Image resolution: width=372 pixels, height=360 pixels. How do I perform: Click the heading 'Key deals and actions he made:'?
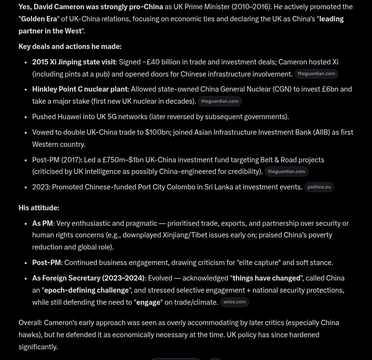click(70, 47)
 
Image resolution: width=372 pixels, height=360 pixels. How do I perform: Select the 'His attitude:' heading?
click(39, 208)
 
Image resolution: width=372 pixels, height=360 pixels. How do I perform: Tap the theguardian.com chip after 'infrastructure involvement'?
click(316, 74)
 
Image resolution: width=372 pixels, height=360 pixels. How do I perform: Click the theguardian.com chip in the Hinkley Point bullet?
click(220, 101)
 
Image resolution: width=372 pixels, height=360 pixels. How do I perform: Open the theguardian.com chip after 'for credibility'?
click(286, 172)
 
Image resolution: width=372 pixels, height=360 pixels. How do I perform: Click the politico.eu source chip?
click(319, 187)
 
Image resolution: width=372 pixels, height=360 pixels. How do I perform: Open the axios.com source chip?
click(234, 302)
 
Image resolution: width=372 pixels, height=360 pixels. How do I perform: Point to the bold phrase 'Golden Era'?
click(39, 19)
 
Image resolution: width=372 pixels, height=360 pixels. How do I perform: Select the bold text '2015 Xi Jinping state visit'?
click(74, 62)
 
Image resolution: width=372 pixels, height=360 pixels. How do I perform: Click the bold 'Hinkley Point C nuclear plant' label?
click(80, 89)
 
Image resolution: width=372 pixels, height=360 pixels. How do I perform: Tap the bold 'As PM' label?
click(42, 223)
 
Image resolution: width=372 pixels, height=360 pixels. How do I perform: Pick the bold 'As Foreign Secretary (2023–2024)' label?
click(88, 278)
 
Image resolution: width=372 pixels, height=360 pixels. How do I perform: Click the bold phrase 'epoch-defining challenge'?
click(86, 290)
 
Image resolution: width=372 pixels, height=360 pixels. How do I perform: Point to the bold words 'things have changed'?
click(266, 278)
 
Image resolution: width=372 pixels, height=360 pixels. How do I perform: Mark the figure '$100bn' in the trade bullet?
click(157, 132)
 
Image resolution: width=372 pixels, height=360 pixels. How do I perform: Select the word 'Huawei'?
click(69, 117)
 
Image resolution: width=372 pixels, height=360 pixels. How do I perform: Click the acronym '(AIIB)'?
click(321, 132)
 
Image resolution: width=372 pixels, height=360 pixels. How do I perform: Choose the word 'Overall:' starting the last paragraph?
click(31, 323)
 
